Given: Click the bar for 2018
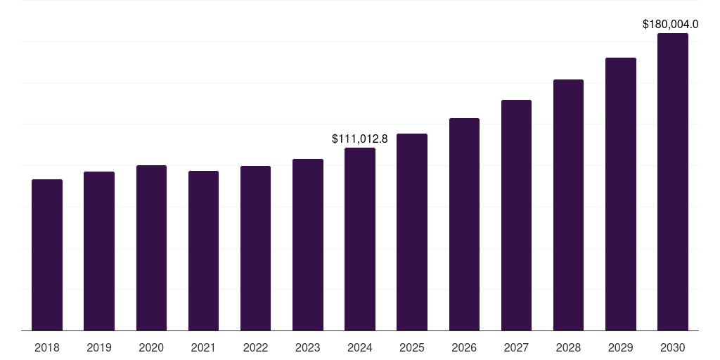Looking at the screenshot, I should point(47,255).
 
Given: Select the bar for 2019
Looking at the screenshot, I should point(99,251).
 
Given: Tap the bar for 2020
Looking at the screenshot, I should point(151,247).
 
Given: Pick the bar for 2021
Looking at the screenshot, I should point(203,250).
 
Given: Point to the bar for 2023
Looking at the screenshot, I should point(308,245).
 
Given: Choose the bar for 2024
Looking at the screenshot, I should point(360,239).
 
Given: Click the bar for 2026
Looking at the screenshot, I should point(464,224).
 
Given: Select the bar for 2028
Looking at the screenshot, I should point(568,205).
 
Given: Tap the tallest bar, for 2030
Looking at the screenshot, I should point(673,181).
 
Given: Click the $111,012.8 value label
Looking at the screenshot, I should point(360,139).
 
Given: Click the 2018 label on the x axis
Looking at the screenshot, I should point(47,348).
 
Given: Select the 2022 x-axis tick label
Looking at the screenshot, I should point(255,348).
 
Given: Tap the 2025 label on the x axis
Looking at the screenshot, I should point(412,348).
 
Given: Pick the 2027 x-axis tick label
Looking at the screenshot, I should point(516,348).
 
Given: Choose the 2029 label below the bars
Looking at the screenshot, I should point(621,348).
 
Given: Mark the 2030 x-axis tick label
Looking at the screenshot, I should point(673,348).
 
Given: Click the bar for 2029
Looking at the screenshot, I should point(621,194).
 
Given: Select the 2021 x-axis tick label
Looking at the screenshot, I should point(203,348).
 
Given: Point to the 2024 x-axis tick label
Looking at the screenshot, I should point(360,348).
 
